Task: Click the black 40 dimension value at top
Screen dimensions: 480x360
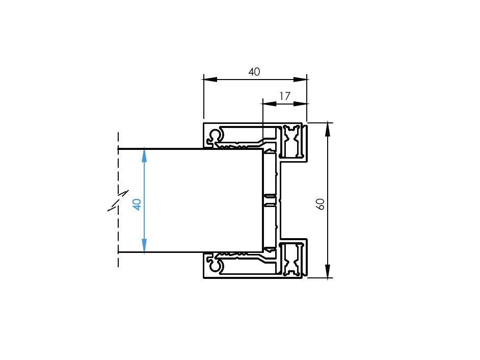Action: [x=254, y=72]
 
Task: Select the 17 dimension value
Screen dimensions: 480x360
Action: [x=285, y=96]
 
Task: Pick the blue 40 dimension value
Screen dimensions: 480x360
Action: [x=137, y=204]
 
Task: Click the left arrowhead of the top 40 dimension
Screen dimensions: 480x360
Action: [x=210, y=80]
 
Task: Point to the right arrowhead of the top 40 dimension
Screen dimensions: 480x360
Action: [x=300, y=80]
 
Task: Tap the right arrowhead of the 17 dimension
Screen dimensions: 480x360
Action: [x=300, y=104]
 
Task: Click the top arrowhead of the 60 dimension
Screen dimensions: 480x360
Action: [x=328, y=129]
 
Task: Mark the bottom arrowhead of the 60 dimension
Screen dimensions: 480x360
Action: [x=328, y=271]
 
